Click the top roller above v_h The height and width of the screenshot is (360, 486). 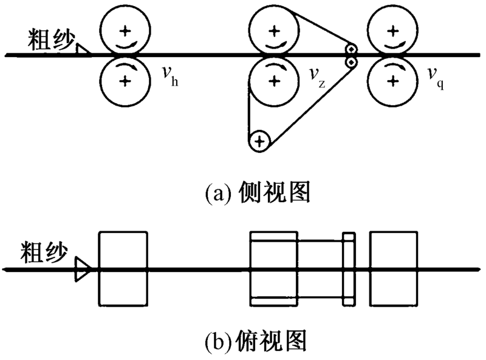click(x=125, y=30)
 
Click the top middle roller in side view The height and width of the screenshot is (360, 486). click(x=275, y=30)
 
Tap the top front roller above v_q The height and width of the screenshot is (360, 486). click(x=394, y=30)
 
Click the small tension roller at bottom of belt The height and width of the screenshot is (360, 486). click(x=259, y=141)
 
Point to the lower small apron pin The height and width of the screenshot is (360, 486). click(x=351, y=61)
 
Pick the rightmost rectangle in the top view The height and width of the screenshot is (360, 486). click(x=394, y=268)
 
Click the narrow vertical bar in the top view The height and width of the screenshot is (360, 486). click(x=349, y=268)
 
